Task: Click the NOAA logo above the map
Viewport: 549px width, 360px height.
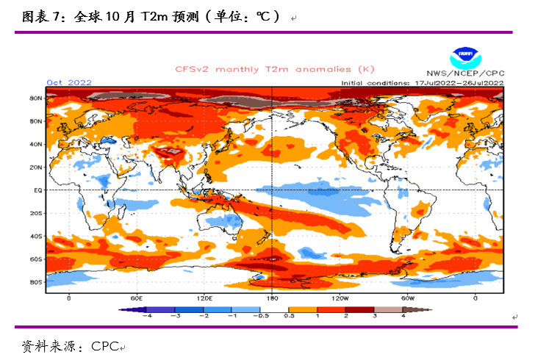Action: (x=464, y=54)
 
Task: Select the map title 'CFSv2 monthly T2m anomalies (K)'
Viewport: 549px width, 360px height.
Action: (x=275, y=69)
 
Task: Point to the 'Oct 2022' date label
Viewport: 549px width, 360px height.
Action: (x=69, y=82)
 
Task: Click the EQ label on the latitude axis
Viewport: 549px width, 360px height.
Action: (x=36, y=190)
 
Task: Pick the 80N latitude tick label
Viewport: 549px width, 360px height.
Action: (x=35, y=98)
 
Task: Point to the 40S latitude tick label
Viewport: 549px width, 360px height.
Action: (x=35, y=237)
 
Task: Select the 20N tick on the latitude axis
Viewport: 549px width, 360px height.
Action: (x=35, y=168)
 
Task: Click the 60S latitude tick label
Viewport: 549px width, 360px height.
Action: (x=35, y=259)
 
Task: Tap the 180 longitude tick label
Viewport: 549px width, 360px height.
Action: (x=272, y=298)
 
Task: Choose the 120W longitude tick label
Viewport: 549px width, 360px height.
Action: (x=340, y=298)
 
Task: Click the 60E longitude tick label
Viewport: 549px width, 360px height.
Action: (x=136, y=298)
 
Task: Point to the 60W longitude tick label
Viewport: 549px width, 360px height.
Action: (x=408, y=298)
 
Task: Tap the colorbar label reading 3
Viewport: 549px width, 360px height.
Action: (x=374, y=316)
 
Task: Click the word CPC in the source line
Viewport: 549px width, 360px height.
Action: (x=104, y=345)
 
